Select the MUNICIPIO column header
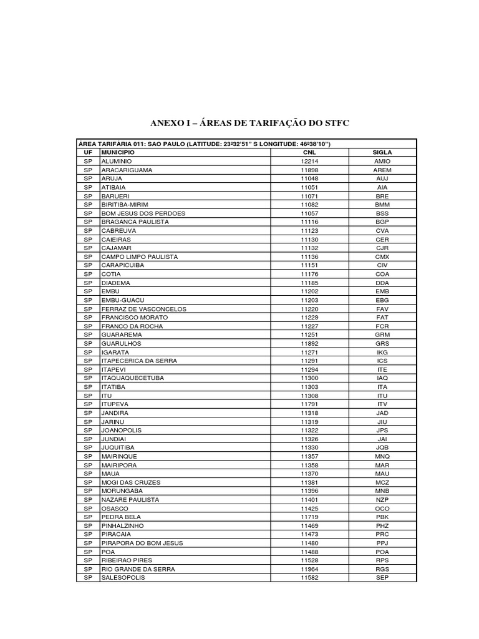tap(118, 152)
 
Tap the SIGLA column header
tap(382, 152)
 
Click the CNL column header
tap(309, 152)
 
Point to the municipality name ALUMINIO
tap(117, 161)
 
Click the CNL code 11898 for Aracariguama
tap(309, 170)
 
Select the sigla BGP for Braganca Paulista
tap(382, 222)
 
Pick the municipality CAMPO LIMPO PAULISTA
tap(140, 256)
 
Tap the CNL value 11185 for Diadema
tap(309, 283)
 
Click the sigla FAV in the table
tap(382, 309)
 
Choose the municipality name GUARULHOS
tap(122, 344)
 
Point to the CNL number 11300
tap(309, 378)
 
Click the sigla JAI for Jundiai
tap(382, 439)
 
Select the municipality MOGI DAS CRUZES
tap(131, 482)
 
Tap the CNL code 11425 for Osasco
tap(309, 509)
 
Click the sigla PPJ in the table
tap(382, 544)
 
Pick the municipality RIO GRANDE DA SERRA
tap(138, 569)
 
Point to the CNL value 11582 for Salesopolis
tap(309, 578)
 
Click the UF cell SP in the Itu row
tap(87, 396)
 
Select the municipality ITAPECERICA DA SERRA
tap(139, 361)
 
